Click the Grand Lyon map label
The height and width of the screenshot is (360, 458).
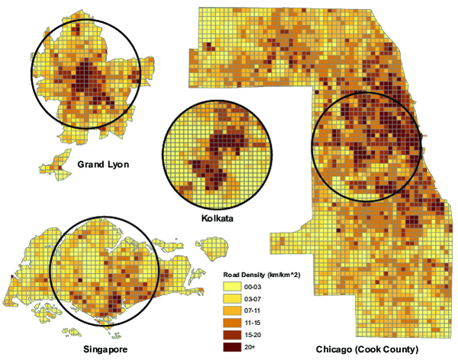pyautogui.click(x=104, y=164)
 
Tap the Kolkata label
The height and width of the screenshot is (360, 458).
pyautogui.click(x=216, y=218)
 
